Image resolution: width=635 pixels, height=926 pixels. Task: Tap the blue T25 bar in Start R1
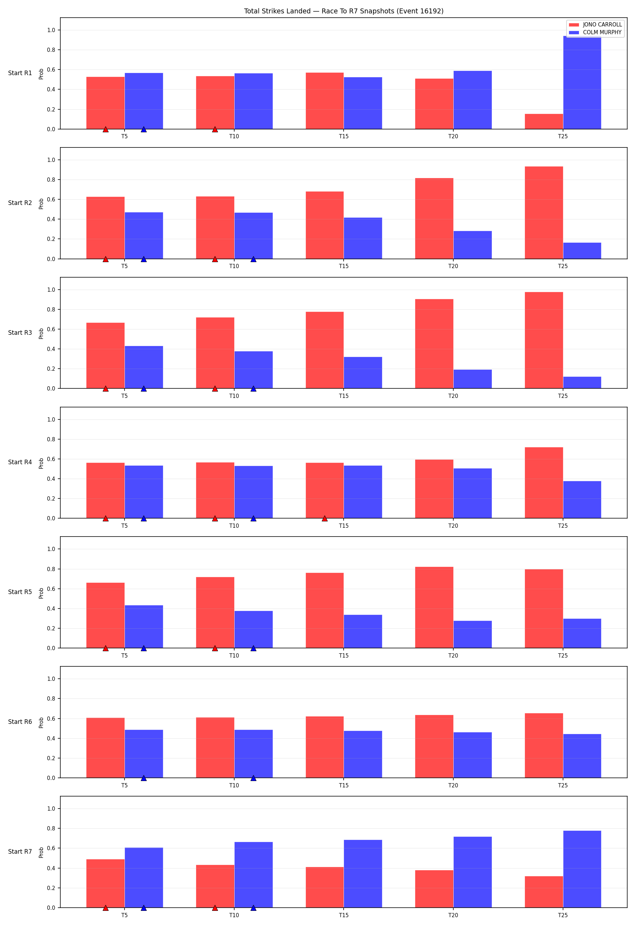(582, 83)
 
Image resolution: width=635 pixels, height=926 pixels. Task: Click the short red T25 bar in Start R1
(544, 122)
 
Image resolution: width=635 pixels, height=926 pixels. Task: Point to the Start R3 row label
(20, 333)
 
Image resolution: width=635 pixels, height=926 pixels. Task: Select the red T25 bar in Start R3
(544, 340)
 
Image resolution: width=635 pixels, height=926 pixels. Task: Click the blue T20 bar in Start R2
(472, 245)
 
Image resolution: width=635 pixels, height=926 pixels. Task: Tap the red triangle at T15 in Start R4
(325, 519)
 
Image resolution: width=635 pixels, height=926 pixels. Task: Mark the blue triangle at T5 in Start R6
(144, 778)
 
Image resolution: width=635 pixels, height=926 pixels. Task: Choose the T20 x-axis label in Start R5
(453, 655)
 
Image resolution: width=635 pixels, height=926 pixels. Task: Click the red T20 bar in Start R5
(434, 608)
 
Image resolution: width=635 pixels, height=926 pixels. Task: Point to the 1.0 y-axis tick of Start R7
(51, 809)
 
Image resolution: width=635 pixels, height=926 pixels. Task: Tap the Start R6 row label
(20, 722)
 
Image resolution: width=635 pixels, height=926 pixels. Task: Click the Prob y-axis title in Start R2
(41, 204)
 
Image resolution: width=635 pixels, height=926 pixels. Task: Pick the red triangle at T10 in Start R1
(215, 129)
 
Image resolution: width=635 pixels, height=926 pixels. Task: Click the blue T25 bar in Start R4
(582, 500)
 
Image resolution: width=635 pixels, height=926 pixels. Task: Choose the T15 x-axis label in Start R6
(344, 785)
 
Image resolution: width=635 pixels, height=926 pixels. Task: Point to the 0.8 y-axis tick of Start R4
(51, 439)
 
